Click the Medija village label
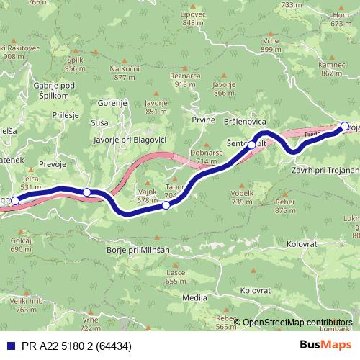[195, 297]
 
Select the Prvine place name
[203, 119]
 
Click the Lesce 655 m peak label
[176, 276]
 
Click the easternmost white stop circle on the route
[345, 127]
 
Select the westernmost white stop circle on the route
[15, 201]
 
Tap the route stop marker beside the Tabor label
[166, 205]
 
